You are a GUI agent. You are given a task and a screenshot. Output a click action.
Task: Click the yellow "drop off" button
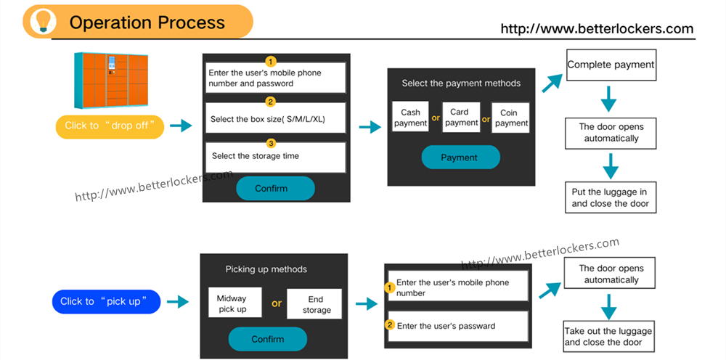tap(110, 126)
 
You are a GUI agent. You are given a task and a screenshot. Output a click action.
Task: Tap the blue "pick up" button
tap(106, 301)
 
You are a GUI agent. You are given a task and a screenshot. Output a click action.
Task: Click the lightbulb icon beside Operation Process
tap(41, 21)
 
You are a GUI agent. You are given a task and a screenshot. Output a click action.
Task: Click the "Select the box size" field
tap(274, 118)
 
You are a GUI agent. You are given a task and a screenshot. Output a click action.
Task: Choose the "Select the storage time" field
tap(274, 156)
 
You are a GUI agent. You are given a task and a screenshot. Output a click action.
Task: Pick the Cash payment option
tap(410, 118)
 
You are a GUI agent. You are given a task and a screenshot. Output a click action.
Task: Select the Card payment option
tap(461, 118)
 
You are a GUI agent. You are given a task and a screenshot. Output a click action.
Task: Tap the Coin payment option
tap(510, 118)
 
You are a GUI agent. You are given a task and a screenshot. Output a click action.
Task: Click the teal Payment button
tap(460, 157)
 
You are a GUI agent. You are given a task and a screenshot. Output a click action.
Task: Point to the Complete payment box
tap(611, 65)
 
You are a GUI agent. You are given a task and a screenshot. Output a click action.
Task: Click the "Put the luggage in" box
tap(611, 197)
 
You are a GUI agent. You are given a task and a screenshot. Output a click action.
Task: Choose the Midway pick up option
tap(232, 303)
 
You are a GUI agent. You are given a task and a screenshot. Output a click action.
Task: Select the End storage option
tap(317, 304)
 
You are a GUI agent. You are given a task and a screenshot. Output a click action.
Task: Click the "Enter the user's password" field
tap(457, 326)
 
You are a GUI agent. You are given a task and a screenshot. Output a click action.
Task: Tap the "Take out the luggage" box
tap(608, 337)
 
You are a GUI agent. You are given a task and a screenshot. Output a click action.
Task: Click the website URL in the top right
tap(597, 29)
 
